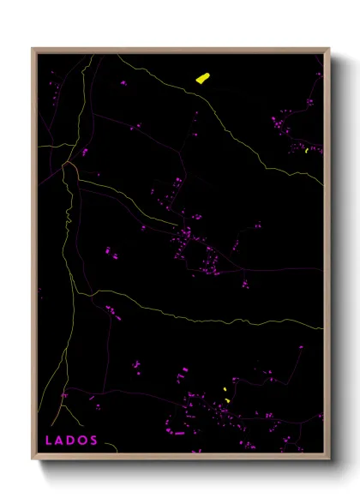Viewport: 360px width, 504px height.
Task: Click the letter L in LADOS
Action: [48, 441]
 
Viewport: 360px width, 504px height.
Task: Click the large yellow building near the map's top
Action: [202, 79]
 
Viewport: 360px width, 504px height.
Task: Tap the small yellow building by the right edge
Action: [306, 151]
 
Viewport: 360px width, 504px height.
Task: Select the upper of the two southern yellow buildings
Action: [225, 390]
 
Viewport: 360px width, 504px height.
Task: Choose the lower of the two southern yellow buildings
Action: [227, 400]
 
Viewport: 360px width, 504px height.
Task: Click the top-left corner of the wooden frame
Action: [33, 49]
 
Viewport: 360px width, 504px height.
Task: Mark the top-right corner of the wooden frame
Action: [329, 49]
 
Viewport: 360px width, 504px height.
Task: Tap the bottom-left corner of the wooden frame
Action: [33, 459]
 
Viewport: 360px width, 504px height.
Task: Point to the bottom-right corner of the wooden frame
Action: [329, 459]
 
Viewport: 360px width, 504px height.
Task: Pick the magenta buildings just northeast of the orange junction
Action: [85, 152]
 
